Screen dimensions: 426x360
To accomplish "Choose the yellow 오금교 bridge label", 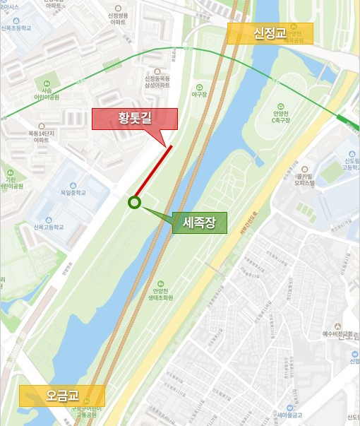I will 62,396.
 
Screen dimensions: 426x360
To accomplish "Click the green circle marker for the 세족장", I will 134,203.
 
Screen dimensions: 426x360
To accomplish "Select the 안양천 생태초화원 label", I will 158,293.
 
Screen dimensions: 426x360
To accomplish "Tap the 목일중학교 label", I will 73,192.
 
